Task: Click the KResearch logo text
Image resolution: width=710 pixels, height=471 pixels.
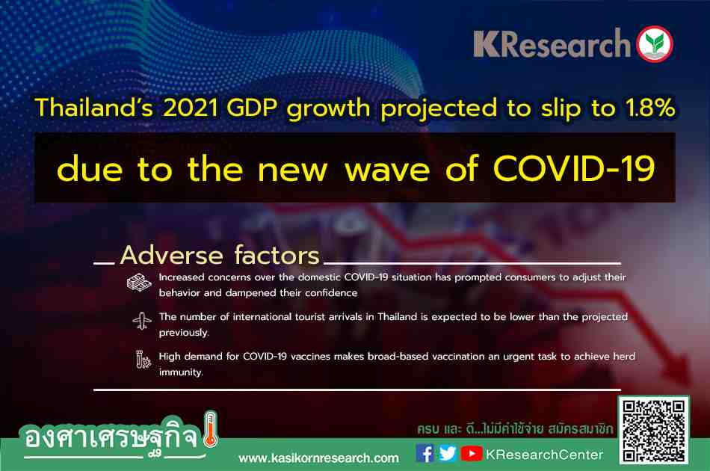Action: coord(552,43)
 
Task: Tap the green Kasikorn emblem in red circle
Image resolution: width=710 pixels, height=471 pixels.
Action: coord(655,43)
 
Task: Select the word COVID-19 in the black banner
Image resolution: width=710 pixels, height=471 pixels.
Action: coord(574,168)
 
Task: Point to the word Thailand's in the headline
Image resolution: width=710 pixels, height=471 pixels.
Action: coord(93,108)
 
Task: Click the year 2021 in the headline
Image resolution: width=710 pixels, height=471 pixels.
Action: coord(190,108)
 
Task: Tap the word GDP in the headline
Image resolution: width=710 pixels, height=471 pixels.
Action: coord(252,108)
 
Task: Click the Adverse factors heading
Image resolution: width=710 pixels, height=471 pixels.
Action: coord(220,255)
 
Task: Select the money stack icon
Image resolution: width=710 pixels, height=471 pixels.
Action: coord(138,283)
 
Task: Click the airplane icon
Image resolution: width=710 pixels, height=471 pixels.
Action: coord(142,321)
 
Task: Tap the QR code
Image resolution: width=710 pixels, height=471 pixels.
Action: coord(653,430)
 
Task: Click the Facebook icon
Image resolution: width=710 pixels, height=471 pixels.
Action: coord(425,453)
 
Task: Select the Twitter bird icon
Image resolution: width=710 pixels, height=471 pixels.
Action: coord(448,453)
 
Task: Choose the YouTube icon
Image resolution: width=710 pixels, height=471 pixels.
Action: coord(472,453)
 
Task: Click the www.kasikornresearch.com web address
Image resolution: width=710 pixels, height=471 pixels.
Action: coord(319,458)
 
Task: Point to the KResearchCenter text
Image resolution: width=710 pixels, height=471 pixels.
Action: coord(544,455)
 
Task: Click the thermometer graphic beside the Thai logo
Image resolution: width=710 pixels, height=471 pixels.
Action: coord(211,429)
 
